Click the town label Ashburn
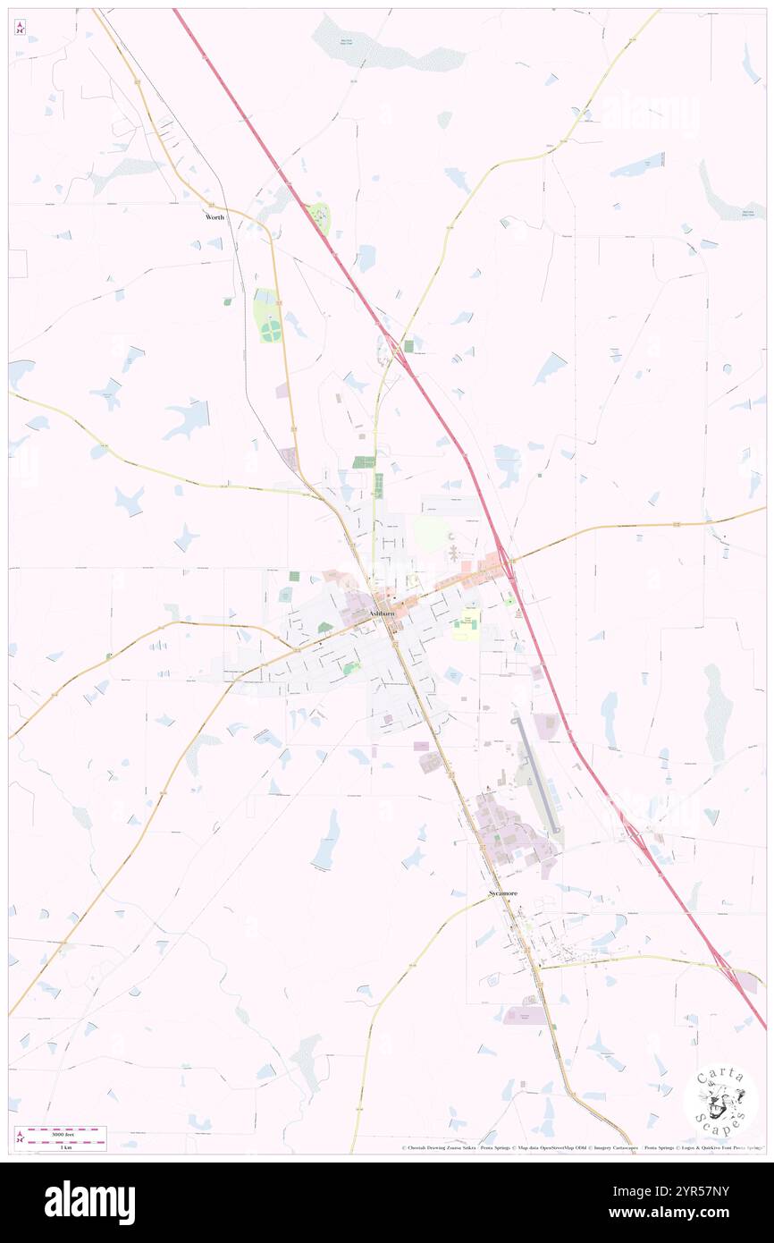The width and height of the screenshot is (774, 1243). coord(382,613)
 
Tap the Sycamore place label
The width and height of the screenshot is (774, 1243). coord(502,893)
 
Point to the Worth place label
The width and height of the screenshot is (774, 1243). coord(215,217)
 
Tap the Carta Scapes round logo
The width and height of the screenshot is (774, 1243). coord(719,1101)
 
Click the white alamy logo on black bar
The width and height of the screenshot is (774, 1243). coord(89,1203)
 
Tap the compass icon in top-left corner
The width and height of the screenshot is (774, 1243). coord(20,28)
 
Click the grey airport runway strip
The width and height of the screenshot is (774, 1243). coord(535,770)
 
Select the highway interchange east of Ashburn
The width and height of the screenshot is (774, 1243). coord(505,562)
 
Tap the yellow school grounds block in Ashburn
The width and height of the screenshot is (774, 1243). coord(465,627)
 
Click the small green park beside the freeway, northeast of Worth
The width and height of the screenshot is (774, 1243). coord(319,216)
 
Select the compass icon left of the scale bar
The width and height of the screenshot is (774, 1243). coord(20,1137)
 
